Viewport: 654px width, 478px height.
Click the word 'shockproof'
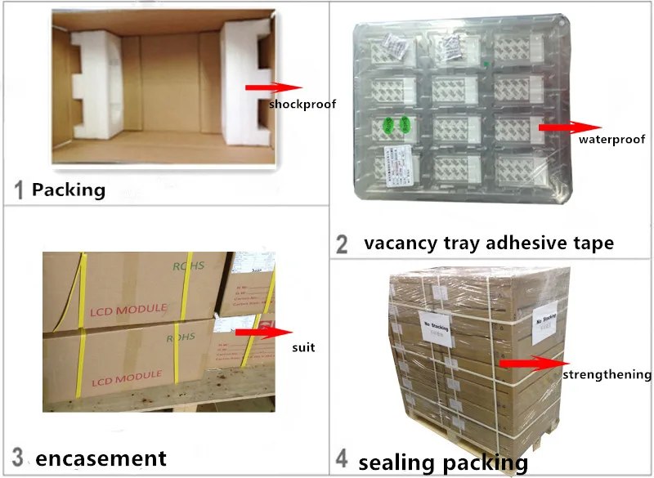pos(302,105)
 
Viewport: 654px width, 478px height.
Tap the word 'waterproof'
pos(612,140)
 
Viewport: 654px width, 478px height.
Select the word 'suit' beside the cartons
pos(303,348)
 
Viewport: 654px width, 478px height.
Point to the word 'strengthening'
pos(607,375)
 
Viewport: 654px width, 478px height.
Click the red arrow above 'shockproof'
pos(274,87)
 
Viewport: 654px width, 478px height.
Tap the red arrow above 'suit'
pos(262,332)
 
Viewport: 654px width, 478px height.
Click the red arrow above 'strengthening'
pos(532,362)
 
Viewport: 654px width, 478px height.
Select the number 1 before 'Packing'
pos(18,191)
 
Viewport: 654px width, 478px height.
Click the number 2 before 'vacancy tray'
pos(343,243)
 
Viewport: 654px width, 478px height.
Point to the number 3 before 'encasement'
pos(18,458)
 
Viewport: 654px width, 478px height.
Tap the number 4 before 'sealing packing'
pos(342,462)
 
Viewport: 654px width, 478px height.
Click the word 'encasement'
pos(101,458)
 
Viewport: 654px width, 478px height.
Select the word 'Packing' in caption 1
pos(69,190)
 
